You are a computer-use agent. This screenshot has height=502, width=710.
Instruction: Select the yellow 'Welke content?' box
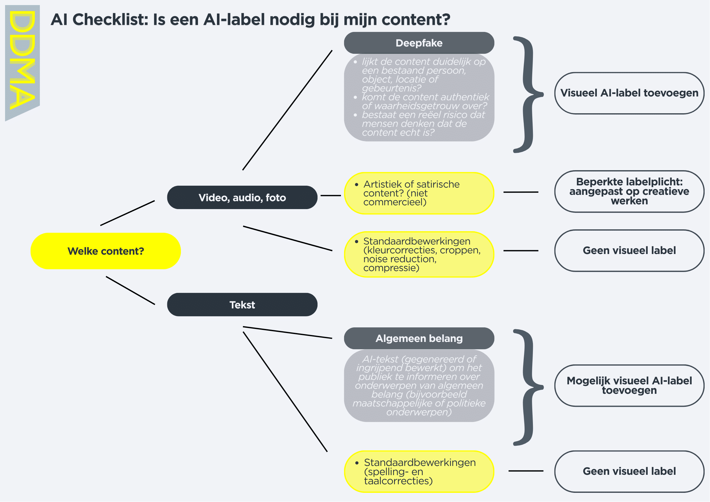[x=106, y=251]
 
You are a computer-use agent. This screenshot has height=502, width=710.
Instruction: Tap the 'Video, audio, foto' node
[x=242, y=197]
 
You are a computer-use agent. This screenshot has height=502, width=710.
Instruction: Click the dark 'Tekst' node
[x=242, y=305]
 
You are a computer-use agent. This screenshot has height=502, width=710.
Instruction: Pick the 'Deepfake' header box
[x=419, y=43]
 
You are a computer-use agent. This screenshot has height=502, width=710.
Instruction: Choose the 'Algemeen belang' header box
[x=419, y=338]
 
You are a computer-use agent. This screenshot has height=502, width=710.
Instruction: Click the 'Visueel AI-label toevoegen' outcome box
[x=629, y=93]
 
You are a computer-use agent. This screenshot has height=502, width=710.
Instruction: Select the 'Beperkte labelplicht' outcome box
[x=629, y=191]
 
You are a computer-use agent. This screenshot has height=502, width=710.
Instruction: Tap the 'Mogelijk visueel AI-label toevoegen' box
[x=629, y=386]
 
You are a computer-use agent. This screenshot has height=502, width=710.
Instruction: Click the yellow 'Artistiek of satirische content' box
[x=419, y=193]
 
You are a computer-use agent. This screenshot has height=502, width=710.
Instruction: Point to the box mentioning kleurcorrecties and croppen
[x=419, y=255]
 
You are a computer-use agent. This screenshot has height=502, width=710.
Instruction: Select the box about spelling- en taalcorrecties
[x=419, y=472]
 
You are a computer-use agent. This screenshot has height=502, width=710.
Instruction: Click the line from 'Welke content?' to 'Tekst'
[x=130, y=290]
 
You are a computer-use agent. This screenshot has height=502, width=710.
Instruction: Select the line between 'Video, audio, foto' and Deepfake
[x=287, y=110]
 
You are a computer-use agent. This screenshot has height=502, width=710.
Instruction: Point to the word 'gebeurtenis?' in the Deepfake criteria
[x=392, y=88]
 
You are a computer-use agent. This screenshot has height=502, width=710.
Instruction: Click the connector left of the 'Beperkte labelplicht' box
[x=521, y=192]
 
